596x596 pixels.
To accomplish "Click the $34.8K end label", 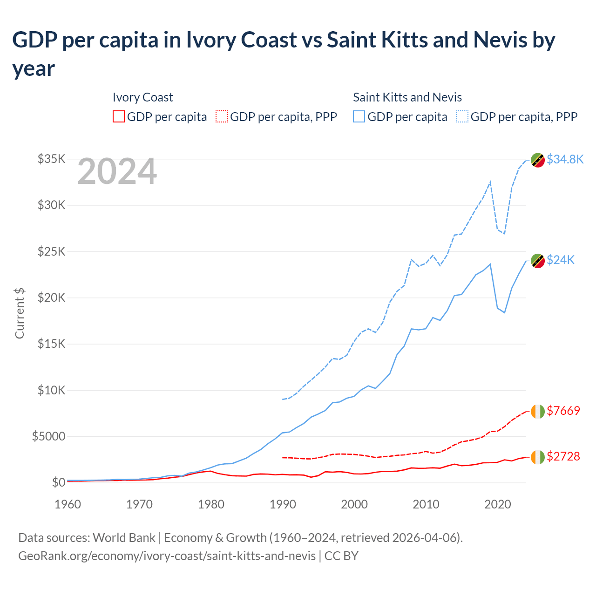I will (x=565, y=159).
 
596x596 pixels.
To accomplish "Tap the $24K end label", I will (x=561, y=260).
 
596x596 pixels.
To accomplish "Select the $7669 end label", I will (x=563, y=411).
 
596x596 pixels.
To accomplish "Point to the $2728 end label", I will (x=563, y=456).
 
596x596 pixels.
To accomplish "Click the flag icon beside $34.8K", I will (x=538, y=160).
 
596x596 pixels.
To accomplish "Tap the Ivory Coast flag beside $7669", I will (x=538, y=411).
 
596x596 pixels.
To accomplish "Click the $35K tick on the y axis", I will (x=51, y=159).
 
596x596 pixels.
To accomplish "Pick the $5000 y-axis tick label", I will (x=48, y=436).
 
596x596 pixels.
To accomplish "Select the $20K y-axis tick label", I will (x=51, y=298).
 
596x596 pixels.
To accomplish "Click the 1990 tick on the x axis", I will (x=283, y=504).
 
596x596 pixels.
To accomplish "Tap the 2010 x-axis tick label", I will (x=426, y=504).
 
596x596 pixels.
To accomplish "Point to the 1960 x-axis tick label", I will (x=68, y=504).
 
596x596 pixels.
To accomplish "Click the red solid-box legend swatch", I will (x=119, y=116).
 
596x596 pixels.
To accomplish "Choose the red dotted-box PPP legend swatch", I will (x=222, y=116).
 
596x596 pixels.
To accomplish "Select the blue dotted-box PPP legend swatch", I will (x=462, y=116).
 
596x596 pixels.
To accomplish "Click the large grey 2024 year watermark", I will (x=117, y=171).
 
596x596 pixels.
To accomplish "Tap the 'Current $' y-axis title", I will (x=20, y=313).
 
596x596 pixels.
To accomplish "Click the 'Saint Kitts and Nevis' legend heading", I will (x=407, y=97).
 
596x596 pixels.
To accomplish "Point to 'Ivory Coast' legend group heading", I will (x=142, y=97).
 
